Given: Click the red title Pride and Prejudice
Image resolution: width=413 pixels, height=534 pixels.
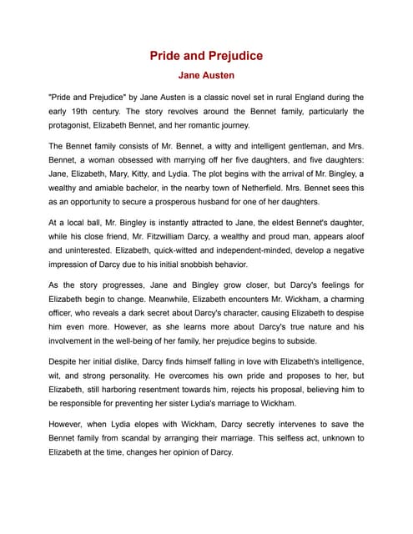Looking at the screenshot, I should click(206, 56).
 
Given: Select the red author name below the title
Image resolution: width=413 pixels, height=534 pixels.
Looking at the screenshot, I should click(206, 75).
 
